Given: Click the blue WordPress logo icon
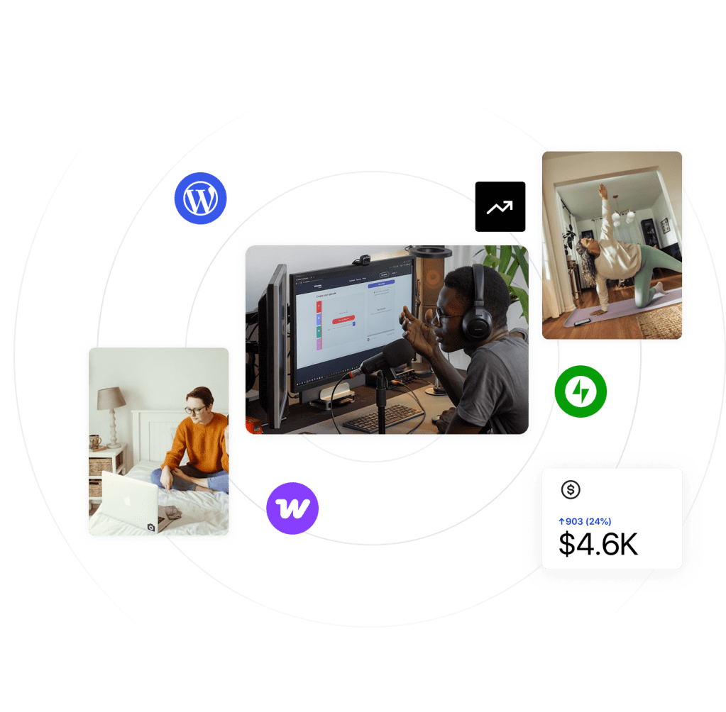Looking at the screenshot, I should click(x=200, y=199).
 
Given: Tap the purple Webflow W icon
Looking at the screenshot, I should click(x=292, y=508).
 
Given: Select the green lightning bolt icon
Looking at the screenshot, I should click(x=581, y=391).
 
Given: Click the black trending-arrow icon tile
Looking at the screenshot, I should click(x=500, y=207).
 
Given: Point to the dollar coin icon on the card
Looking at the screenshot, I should click(x=570, y=489).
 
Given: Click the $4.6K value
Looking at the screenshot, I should click(x=598, y=544).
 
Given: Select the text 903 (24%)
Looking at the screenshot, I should click(x=588, y=521).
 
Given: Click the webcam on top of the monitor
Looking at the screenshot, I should click(x=362, y=259).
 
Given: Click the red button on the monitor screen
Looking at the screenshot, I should click(x=344, y=320).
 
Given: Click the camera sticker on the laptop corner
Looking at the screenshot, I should click(x=150, y=527).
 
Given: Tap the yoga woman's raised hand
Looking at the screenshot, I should click(x=603, y=191).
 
